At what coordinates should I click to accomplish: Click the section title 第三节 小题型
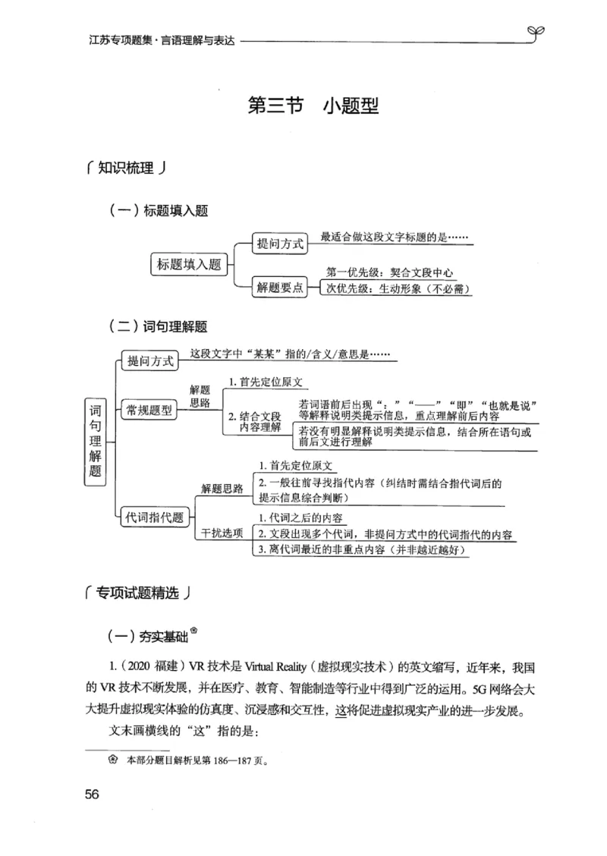tap(314, 105)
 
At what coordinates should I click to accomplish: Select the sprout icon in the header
tap(534, 31)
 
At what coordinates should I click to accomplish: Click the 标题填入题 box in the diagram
tap(189, 264)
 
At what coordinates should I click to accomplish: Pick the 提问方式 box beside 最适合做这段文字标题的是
tap(280, 244)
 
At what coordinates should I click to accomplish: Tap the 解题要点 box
tap(280, 287)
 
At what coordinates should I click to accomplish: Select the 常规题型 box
tap(149, 411)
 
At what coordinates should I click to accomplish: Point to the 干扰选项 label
tap(222, 532)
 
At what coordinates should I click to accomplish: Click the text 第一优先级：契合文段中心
tap(389, 273)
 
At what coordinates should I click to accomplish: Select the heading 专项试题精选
tap(137, 593)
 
